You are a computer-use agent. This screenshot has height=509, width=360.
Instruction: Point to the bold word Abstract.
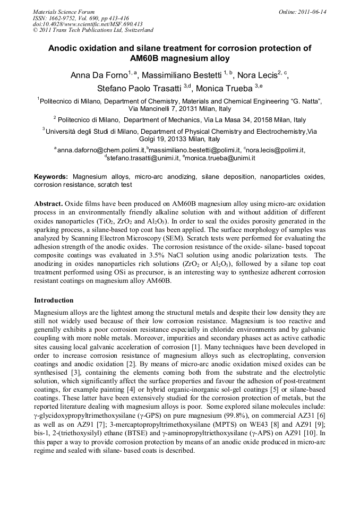[x=48, y=204]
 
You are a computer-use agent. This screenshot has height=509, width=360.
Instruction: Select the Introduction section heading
[x=54, y=300]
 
